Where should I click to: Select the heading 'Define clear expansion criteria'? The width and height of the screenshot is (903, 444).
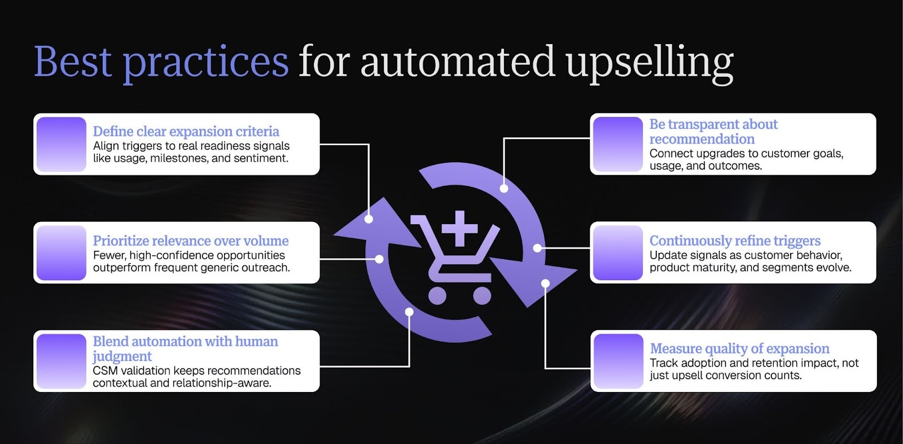point(186,131)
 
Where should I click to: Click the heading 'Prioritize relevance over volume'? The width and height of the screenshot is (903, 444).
point(191,241)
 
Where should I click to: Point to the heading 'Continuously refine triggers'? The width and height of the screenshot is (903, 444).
point(735,241)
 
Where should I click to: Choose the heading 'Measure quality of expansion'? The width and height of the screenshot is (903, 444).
point(739,348)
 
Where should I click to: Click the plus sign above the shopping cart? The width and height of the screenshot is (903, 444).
point(459,228)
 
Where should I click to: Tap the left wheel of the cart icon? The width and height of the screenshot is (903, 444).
point(437,295)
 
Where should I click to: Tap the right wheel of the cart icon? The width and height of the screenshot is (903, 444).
point(481,295)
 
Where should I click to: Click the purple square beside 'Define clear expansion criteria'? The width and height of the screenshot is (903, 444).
point(62,144)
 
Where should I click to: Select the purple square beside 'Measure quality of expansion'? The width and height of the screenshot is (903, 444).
point(619,361)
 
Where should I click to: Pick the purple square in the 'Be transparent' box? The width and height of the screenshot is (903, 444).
point(617,144)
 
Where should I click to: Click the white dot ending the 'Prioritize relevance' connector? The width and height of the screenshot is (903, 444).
point(379,259)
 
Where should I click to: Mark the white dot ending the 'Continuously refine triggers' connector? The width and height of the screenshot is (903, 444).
point(537,247)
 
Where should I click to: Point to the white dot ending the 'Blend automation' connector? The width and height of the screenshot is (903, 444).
point(409,312)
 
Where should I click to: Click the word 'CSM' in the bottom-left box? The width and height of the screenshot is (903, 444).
point(104,371)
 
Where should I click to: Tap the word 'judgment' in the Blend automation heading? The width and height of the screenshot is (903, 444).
point(122,356)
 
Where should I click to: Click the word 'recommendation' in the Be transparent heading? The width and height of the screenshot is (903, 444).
point(702,139)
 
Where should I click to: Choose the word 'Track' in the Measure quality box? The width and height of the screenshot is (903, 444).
point(664,363)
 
